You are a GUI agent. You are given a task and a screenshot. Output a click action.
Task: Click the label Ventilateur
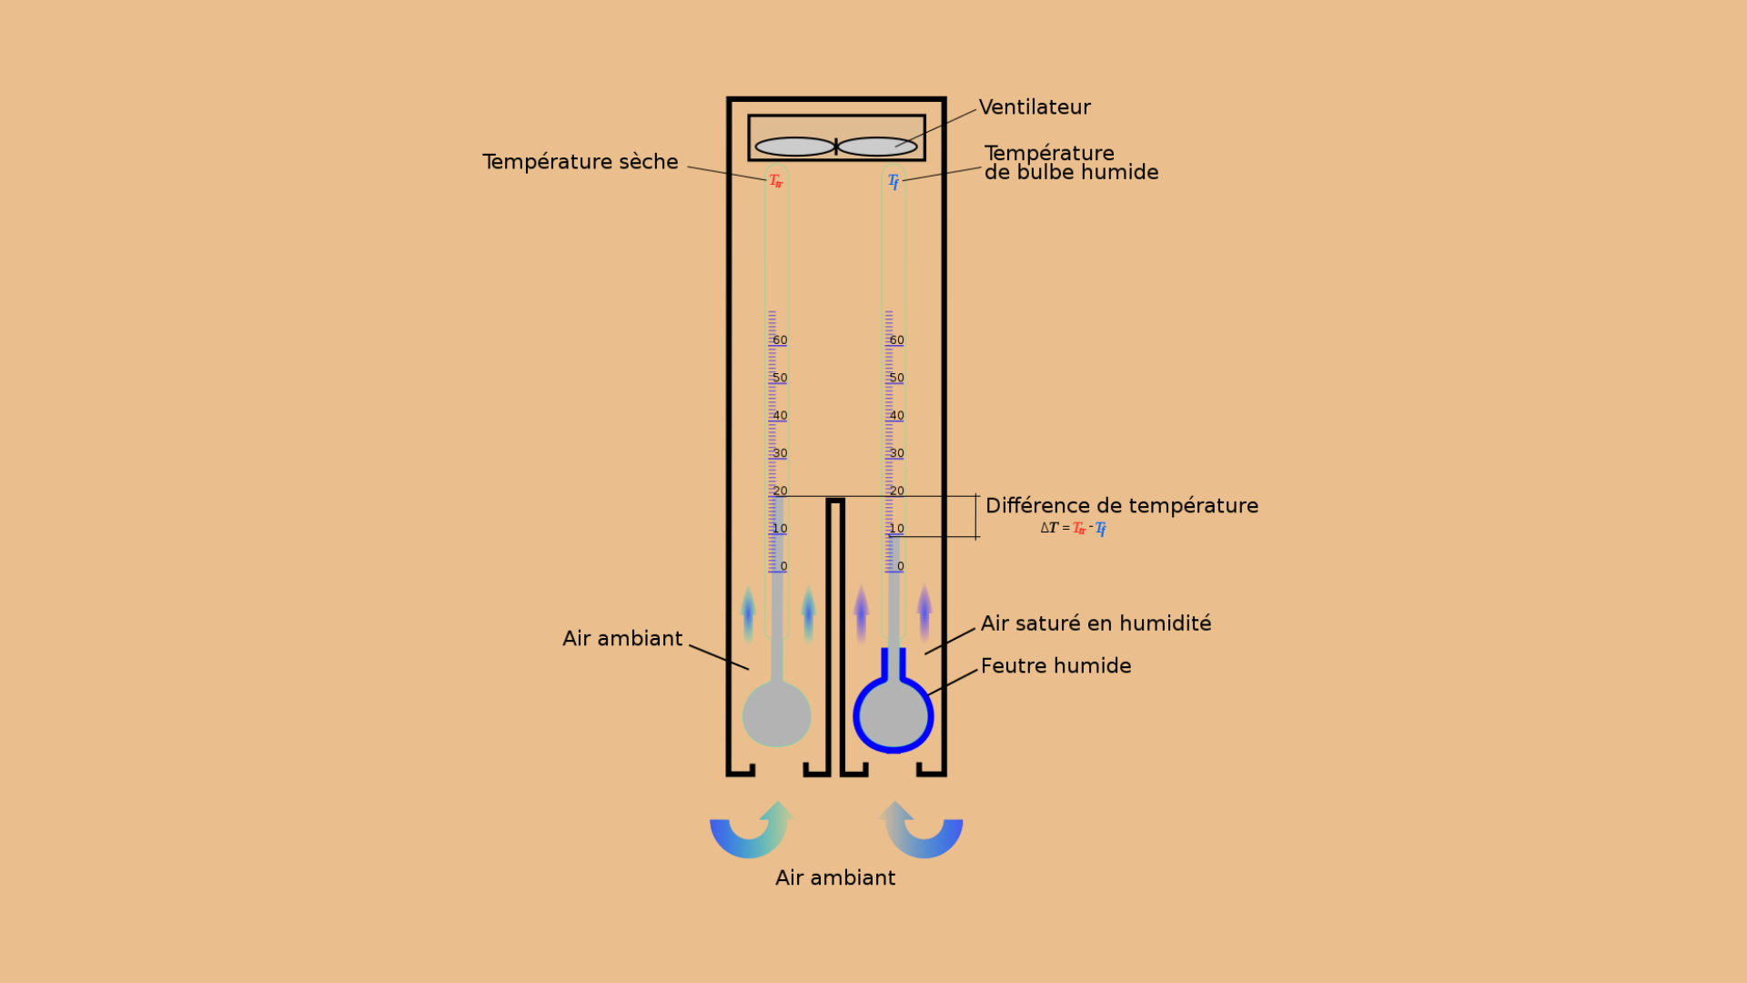coord(1034,107)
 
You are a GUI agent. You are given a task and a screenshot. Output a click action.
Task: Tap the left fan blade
coord(794,147)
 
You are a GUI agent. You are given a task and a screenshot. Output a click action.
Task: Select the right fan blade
coord(877,147)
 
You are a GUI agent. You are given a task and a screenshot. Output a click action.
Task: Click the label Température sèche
coord(580,162)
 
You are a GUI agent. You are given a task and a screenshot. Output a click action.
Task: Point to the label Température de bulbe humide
coord(1070,163)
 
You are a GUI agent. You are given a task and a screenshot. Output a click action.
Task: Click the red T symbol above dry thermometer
coord(775,181)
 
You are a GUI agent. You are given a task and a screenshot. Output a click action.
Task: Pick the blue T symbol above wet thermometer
coord(894,182)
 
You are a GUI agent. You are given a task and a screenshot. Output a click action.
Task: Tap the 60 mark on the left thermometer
coord(779,340)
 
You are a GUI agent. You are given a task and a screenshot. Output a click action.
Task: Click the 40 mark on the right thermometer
coord(896,416)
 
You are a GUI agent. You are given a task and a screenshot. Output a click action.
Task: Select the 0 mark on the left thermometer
coord(783,566)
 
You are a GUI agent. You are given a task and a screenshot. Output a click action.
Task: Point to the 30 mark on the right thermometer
coord(896,453)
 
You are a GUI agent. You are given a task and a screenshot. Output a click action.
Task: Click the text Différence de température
coord(1121,506)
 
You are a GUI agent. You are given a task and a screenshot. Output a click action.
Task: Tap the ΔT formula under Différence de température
coord(1073,528)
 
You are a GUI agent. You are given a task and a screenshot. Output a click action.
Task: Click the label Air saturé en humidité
coord(1096,623)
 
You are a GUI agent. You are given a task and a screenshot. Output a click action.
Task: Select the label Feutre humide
coord(1055,666)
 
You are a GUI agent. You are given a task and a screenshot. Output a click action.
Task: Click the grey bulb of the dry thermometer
coord(776,714)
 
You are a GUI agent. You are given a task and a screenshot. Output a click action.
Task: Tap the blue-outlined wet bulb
coord(894,715)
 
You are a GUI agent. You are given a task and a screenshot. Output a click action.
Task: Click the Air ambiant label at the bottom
coord(835,878)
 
